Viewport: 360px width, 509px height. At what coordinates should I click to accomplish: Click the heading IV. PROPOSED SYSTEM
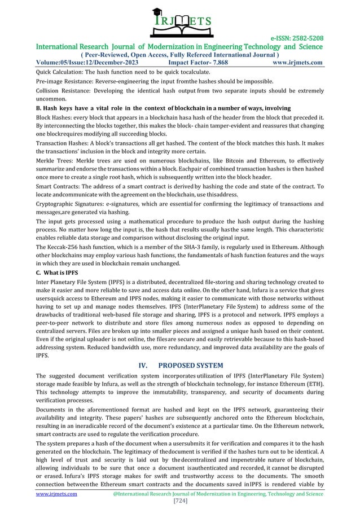[179, 365]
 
